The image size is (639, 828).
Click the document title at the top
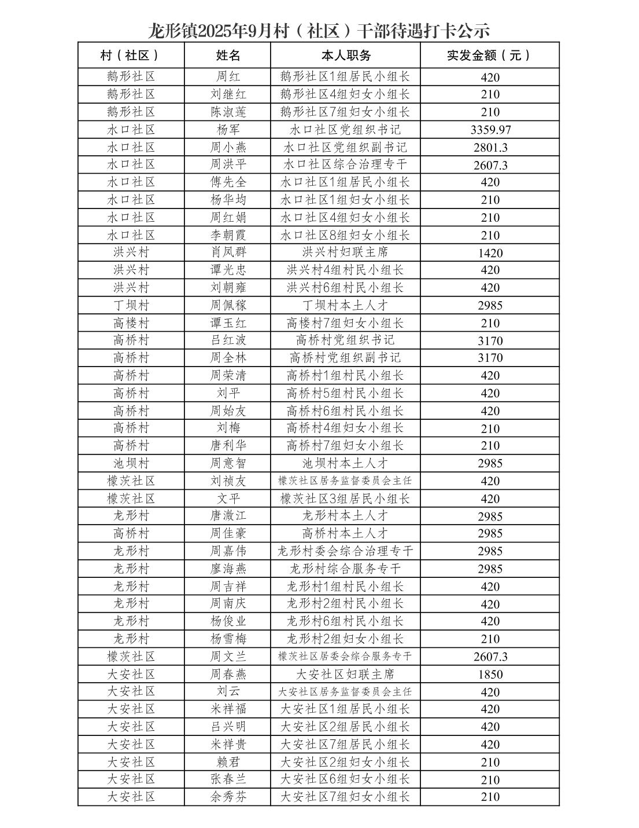pyautogui.click(x=319, y=29)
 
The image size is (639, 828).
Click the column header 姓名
pyautogui.click(x=228, y=55)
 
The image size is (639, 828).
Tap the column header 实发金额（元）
pyautogui.click(x=490, y=55)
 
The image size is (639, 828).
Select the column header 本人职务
pyautogui.click(x=345, y=55)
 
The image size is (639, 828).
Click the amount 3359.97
pyautogui.click(x=490, y=130)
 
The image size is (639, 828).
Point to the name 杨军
pyautogui.click(x=228, y=130)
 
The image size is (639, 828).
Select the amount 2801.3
pyautogui.click(x=490, y=147)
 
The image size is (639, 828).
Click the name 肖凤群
pyautogui.click(x=228, y=252)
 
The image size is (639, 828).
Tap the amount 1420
pyautogui.click(x=490, y=252)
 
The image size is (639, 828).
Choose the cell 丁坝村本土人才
pyautogui.click(x=345, y=305)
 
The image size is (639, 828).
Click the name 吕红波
pyautogui.click(x=228, y=340)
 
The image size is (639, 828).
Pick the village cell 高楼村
pyautogui.click(x=131, y=323)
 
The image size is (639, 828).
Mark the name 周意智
pyautogui.click(x=228, y=463)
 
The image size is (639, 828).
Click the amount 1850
pyautogui.click(x=490, y=674)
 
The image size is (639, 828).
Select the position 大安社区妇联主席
pyautogui.click(x=345, y=674)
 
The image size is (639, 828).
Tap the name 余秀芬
pyautogui.click(x=228, y=797)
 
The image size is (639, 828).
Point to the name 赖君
pyautogui.click(x=228, y=761)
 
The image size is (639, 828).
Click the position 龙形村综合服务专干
pyautogui.click(x=345, y=569)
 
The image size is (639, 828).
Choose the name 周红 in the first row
pyautogui.click(x=228, y=77)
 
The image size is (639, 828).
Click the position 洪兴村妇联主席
pyautogui.click(x=345, y=252)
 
